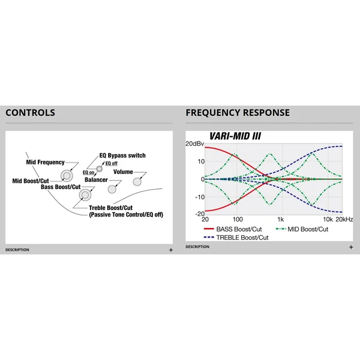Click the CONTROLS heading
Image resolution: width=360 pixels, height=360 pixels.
coord(31,113)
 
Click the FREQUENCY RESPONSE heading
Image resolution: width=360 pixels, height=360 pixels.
coord(238,113)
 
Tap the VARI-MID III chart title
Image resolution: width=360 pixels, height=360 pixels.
coord(235,136)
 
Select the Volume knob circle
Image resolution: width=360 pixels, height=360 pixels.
coord(137,182)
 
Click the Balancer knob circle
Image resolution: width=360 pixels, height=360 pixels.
coord(112,189)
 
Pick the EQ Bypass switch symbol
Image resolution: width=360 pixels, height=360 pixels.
coord(99,169)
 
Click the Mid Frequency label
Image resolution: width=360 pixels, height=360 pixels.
coord(45,162)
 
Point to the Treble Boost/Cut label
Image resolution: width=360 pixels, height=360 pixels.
coord(110,208)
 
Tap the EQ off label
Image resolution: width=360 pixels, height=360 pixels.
coord(112,163)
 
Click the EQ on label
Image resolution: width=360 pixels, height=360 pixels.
coord(88,172)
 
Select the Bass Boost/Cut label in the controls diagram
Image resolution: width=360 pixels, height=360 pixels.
coord(61,187)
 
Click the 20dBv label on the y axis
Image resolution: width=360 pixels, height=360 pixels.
coord(194,144)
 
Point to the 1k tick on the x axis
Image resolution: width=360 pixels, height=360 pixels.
coord(280,220)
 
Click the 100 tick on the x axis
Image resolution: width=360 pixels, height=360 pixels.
coord(238,220)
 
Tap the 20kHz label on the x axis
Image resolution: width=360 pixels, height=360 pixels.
coord(344,220)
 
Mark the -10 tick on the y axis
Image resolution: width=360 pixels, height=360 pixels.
coord(200,197)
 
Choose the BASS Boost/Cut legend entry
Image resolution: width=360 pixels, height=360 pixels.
coord(233,229)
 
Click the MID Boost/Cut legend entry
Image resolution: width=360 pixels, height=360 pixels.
coord(302,229)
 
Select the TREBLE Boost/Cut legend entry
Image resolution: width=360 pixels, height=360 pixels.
coord(236,238)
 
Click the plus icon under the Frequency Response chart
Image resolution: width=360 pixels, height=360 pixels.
coord(351,247)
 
